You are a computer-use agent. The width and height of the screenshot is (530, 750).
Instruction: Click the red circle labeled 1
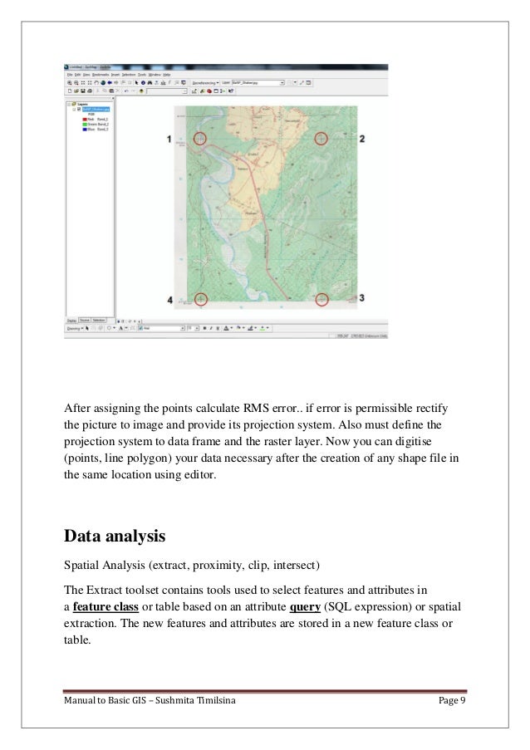[199, 139]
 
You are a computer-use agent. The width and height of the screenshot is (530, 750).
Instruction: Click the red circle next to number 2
[322, 139]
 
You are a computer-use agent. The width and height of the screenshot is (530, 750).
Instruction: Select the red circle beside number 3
[322, 299]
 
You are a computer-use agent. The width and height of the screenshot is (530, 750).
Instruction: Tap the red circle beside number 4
[199, 299]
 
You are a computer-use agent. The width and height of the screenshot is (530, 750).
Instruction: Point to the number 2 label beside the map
[362, 139]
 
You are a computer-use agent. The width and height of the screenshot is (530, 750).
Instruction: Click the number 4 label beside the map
[170, 299]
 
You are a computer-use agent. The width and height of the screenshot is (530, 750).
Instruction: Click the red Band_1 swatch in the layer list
[84, 120]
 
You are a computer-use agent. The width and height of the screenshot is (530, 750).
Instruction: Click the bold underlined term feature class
[105, 605]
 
